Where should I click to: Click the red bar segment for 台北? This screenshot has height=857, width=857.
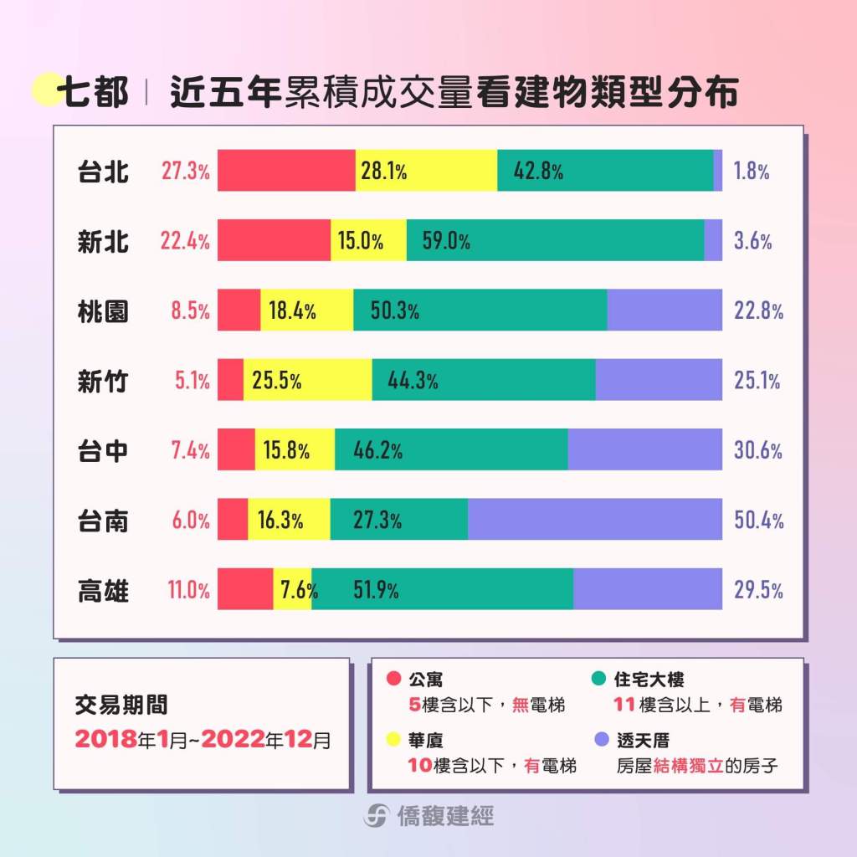286,171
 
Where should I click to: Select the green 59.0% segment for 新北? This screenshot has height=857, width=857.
555,241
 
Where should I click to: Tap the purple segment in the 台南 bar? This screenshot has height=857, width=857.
594,519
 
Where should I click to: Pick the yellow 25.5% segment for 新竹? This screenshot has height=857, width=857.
307,381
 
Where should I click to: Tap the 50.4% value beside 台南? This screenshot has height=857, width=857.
758,520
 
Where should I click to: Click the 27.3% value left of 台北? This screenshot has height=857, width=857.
185,172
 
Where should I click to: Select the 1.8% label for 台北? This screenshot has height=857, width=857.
751,172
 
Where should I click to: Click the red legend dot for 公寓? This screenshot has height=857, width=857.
394,679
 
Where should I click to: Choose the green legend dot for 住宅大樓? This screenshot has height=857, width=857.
599,679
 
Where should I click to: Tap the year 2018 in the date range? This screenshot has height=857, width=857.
103,739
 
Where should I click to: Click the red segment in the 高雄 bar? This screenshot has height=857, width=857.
245,588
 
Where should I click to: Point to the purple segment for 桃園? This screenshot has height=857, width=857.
665,310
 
